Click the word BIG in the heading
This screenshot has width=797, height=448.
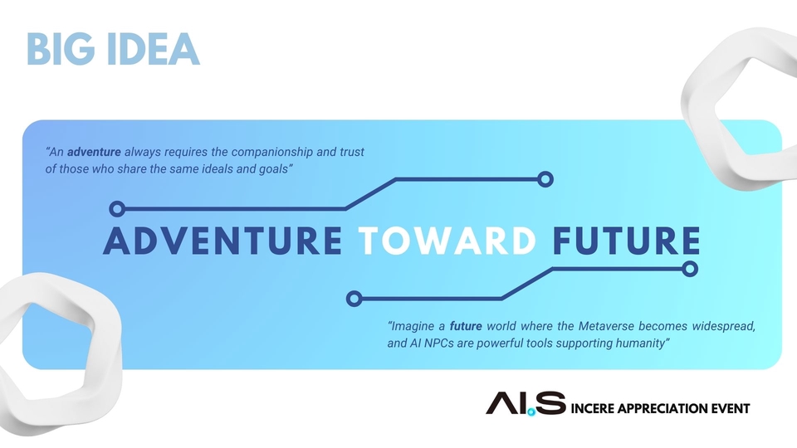click(x=61, y=49)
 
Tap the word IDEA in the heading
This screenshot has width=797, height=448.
click(x=154, y=49)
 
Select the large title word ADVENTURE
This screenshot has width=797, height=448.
click(x=223, y=241)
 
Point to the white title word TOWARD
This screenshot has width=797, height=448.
click(x=447, y=241)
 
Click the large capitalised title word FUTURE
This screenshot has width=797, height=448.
click(x=627, y=241)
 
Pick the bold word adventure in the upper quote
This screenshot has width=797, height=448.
click(x=94, y=152)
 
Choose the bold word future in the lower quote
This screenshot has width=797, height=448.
click(x=466, y=326)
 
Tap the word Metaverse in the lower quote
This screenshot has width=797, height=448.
click(x=605, y=326)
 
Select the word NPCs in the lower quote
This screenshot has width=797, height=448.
click(x=438, y=343)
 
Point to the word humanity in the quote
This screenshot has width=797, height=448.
click(x=640, y=343)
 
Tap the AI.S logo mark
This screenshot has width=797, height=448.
click(x=526, y=403)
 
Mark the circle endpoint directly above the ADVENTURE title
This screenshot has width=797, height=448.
click(x=117, y=209)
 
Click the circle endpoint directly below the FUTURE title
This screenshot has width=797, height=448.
click(x=690, y=269)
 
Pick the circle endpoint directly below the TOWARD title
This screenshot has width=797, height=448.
click(x=354, y=299)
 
